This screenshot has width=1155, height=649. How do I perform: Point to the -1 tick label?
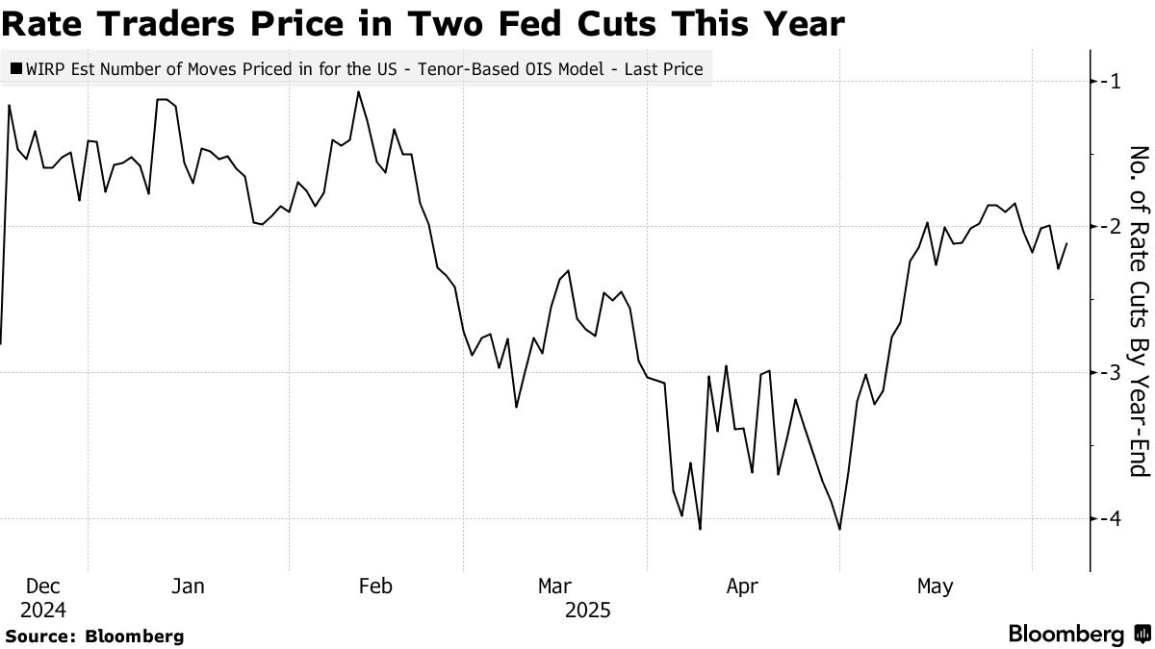1114,81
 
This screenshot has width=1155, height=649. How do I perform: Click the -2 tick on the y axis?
1114,226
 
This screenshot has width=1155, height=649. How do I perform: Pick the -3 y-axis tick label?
1114,372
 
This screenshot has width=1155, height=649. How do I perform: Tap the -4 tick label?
1114,518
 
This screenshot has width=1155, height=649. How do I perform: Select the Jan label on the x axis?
188,587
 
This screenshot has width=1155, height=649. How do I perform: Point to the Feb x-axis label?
375,587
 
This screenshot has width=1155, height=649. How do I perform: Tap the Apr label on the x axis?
743,587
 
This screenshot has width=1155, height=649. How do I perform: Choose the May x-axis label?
935,587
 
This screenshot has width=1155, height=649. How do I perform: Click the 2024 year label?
42,610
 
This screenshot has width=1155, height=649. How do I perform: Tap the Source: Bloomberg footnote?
94,636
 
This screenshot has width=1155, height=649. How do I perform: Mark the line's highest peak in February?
358,91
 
